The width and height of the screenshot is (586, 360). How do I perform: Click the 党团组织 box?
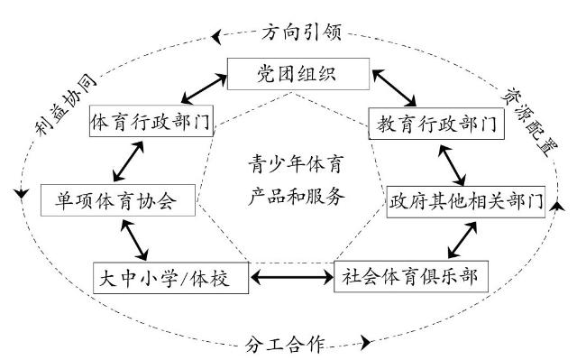click(x=298, y=74)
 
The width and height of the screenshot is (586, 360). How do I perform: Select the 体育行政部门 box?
click(x=151, y=121)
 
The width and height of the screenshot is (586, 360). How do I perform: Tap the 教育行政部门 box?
click(x=436, y=124)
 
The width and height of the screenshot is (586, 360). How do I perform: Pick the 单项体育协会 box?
click(x=118, y=200)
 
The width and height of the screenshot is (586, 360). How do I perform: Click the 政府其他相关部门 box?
click(x=466, y=202)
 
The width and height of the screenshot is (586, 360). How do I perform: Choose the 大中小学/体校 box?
click(x=170, y=278)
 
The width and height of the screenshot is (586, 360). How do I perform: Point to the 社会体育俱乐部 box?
click(x=411, y=276)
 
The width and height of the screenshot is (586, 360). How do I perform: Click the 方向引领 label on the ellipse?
click(x=301, y=32)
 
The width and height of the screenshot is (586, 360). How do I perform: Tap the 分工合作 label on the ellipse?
click(x=285, y=344)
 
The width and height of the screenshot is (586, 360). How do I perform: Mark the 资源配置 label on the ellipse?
click(x=529, y=122)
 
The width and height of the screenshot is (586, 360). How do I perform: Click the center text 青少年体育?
click(x=296, y=164)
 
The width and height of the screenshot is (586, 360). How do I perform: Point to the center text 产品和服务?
click(x=296, y=196)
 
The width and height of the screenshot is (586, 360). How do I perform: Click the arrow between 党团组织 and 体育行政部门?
click(x=204, y=88)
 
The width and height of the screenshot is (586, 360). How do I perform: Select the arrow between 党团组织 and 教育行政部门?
click(x=394, y=88)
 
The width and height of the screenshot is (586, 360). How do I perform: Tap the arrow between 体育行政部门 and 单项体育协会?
click(x=128, y=162)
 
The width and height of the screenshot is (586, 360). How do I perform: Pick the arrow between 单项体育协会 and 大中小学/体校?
click(x=134, y=240)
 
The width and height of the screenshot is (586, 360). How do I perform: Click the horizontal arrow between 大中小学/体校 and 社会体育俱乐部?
click(x=292, y=277)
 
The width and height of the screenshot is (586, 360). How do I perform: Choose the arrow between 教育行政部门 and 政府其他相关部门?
click(x=452, y=165)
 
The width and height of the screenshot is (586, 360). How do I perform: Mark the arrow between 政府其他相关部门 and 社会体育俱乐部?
click(x=462, y=240)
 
